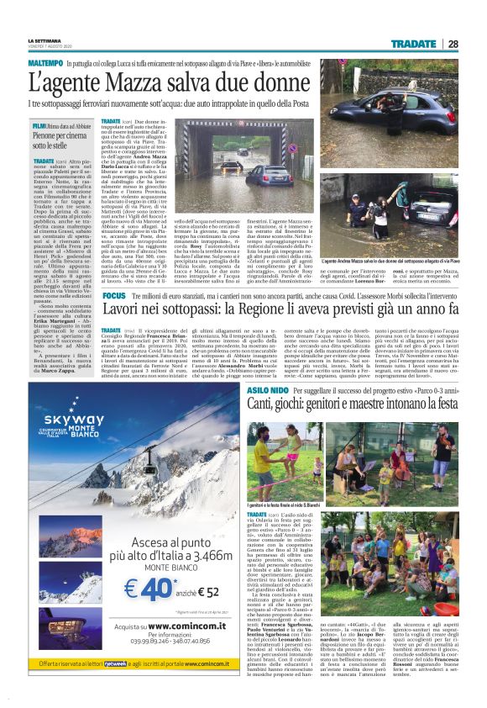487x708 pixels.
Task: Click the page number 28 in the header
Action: point(453,43)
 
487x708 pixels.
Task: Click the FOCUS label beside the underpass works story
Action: point(113,298)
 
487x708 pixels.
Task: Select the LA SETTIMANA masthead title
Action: point(45,40)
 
